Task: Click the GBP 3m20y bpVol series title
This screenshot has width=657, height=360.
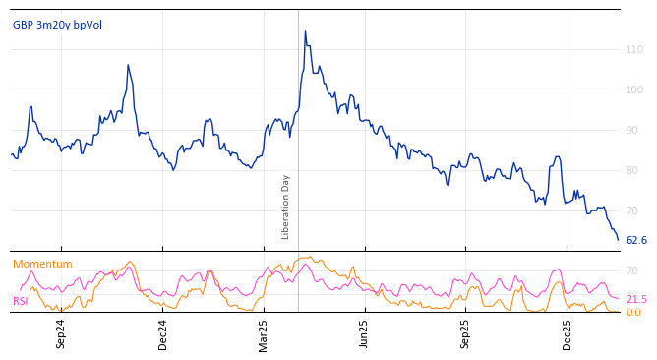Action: pyautogui.click(x=57, y=25)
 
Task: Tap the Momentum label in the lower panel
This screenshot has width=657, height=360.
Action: pyautogui.click(x=42, y=264)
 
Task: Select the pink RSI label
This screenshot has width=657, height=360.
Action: pyautogui.click(x=20, y=301)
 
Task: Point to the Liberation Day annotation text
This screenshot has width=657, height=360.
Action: pyautogui.click(x=286, y=207)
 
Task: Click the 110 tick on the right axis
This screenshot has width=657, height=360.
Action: pyautogui.click(x=634, y=49)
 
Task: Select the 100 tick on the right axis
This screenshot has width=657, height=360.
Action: pyautogui.click(x=634, y=90)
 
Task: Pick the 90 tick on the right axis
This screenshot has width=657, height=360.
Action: pyautogui.click(x=634, y=130)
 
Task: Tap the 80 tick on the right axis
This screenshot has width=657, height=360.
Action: pyautogui.click(x=634, y=170)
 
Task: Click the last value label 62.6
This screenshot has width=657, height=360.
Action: pyautogui.click(x=636, y=240)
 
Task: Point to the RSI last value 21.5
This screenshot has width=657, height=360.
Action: pyautogui.click(x=636, y=299)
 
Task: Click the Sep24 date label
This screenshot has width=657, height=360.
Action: pyautogui.click(x=61, y=333)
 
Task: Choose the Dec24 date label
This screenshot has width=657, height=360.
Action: pyautogui.click(x=163, y=333)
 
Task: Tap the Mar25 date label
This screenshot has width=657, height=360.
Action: pyautogui.click(x=264, y=333)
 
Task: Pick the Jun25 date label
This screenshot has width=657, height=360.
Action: pyautogui.click(x=364, y=333)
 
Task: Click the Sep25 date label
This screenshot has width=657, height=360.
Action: pyautogui.click(x=466, y=333)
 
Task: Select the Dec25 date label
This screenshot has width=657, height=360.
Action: pyautogui.click(x=567, y=333)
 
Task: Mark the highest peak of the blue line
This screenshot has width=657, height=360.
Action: pyautogui.click(x=305, y=31)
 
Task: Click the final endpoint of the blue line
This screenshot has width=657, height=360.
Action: pyautogui.click(x=619, y=240)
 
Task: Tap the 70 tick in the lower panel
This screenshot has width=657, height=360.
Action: pyautogui.click(x=632, y=270)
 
